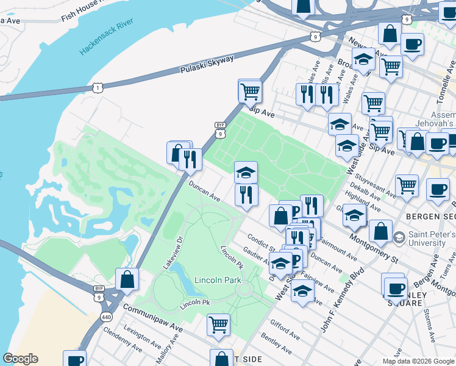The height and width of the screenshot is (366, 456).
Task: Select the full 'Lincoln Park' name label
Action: (x=218, y=280)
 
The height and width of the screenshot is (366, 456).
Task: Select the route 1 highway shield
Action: (x=97, y=88)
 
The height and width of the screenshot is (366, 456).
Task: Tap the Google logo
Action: (x=21, y=359)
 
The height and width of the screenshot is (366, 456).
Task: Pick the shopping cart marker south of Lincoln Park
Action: (x=218, y=325)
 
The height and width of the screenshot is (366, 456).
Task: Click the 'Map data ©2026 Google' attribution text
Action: (x=418, y=361)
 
